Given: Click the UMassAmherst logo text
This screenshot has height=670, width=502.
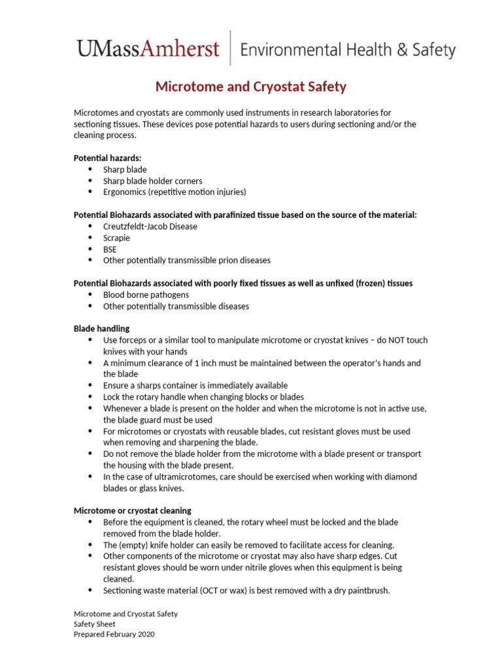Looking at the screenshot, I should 148,48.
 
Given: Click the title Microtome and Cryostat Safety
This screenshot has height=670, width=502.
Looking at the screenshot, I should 250,86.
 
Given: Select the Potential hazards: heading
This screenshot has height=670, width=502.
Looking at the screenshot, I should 107,158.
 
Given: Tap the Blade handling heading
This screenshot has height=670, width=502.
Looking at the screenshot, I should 101,328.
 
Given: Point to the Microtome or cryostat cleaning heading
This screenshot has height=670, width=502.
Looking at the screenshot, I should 132,510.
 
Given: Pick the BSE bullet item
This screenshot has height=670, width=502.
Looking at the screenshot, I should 110,249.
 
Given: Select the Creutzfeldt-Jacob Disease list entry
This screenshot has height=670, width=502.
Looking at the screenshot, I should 150,226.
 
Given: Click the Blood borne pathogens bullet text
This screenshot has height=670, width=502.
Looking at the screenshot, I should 146,295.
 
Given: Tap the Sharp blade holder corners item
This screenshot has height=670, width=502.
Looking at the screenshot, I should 152,181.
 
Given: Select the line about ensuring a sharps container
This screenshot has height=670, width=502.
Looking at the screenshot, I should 195,385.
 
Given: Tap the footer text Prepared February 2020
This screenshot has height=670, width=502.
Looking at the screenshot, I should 114,634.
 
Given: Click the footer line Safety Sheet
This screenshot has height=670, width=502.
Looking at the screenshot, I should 94,624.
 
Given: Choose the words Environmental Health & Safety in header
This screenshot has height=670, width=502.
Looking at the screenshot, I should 348,50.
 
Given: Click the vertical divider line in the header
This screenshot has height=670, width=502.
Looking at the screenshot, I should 230,48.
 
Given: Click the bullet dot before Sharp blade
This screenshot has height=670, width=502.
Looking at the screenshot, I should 90,169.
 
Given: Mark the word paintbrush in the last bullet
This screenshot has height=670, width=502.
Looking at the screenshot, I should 367,590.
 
